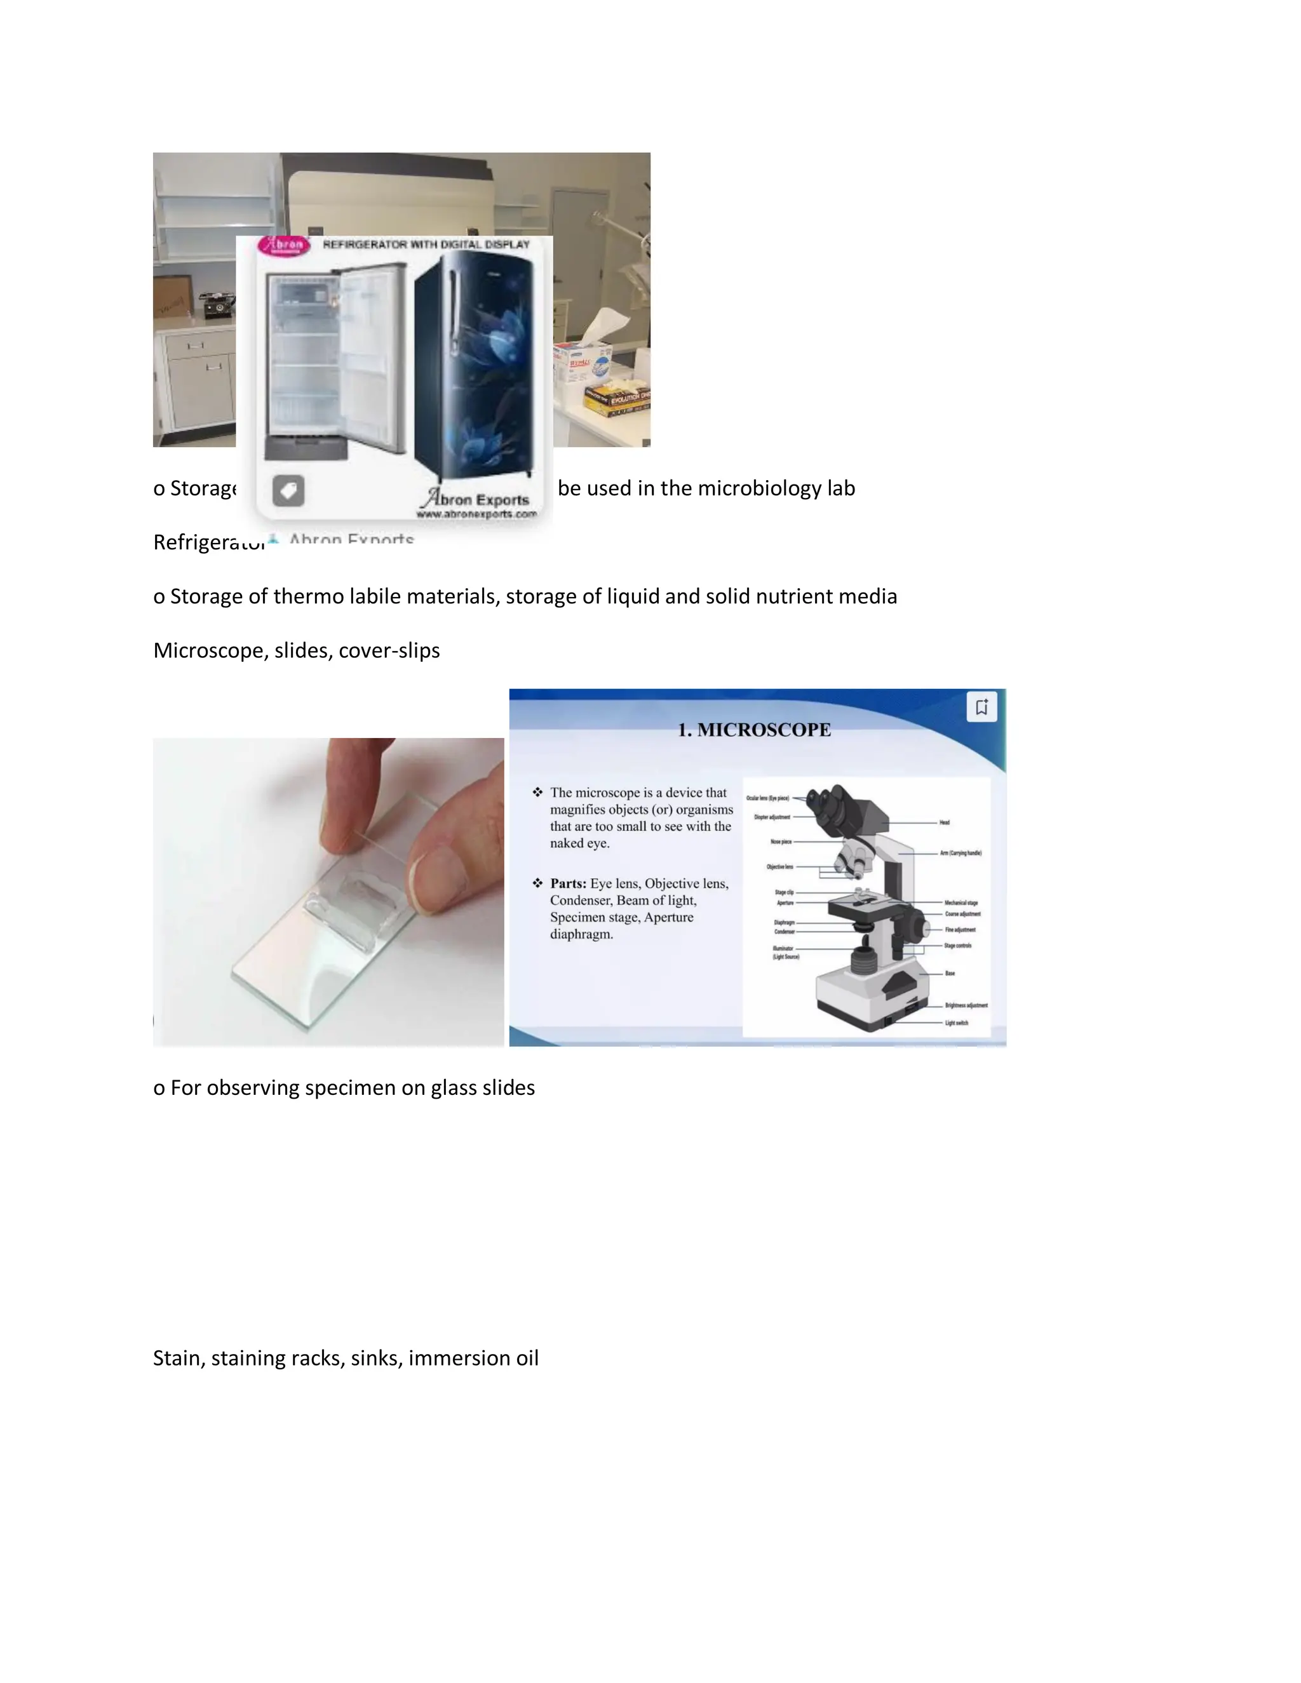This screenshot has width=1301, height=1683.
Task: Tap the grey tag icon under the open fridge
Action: (x=288, y=491)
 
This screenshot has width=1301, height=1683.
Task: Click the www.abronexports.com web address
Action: (x=476, y=514)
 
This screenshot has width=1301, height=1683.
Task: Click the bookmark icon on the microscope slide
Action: (x=981, y=707)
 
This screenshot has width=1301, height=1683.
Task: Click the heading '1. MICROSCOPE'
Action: (x=754, y=730)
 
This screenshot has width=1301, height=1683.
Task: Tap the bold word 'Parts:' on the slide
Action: (x=568, y=883)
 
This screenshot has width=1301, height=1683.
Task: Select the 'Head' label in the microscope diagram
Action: (x=944, y=823)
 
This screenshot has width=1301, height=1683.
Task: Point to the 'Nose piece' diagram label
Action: (x=781, y=841)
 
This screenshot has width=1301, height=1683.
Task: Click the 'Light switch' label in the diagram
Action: (x=957, y=1023)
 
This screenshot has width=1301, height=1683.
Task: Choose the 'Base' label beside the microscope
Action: (x=950, y=973)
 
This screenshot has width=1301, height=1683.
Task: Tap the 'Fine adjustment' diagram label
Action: (x=961, y=929)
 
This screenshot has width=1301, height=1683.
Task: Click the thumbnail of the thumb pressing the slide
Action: (x=328, y=892)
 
